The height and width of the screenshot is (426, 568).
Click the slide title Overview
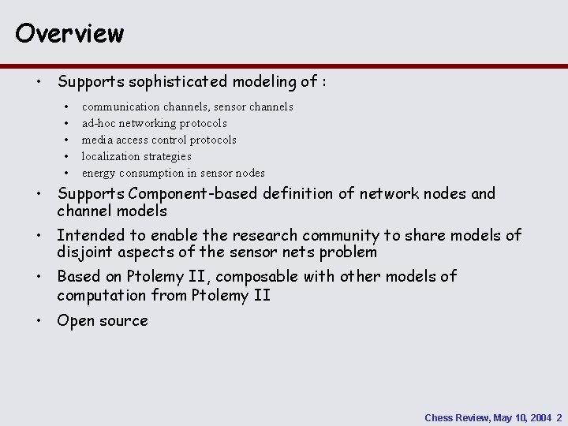click(x=69, y=32)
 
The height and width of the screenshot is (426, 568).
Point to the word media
click(x=97, y=140)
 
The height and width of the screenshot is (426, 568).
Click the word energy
click(x=99, y=173)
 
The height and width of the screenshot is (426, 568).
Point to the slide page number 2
click(x=559, y=417)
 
